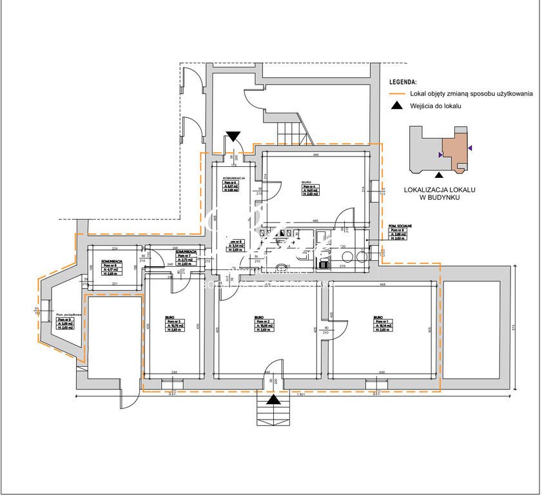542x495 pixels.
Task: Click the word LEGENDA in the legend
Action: pos(403,82)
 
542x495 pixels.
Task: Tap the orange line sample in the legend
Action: pos(397,94)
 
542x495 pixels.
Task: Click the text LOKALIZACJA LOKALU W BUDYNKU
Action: pos(439,193)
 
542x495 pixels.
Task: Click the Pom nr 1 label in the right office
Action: pos(381,322)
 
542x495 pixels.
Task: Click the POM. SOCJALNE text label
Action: pos(400,226)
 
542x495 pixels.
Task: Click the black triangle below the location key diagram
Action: pos(440,174)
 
